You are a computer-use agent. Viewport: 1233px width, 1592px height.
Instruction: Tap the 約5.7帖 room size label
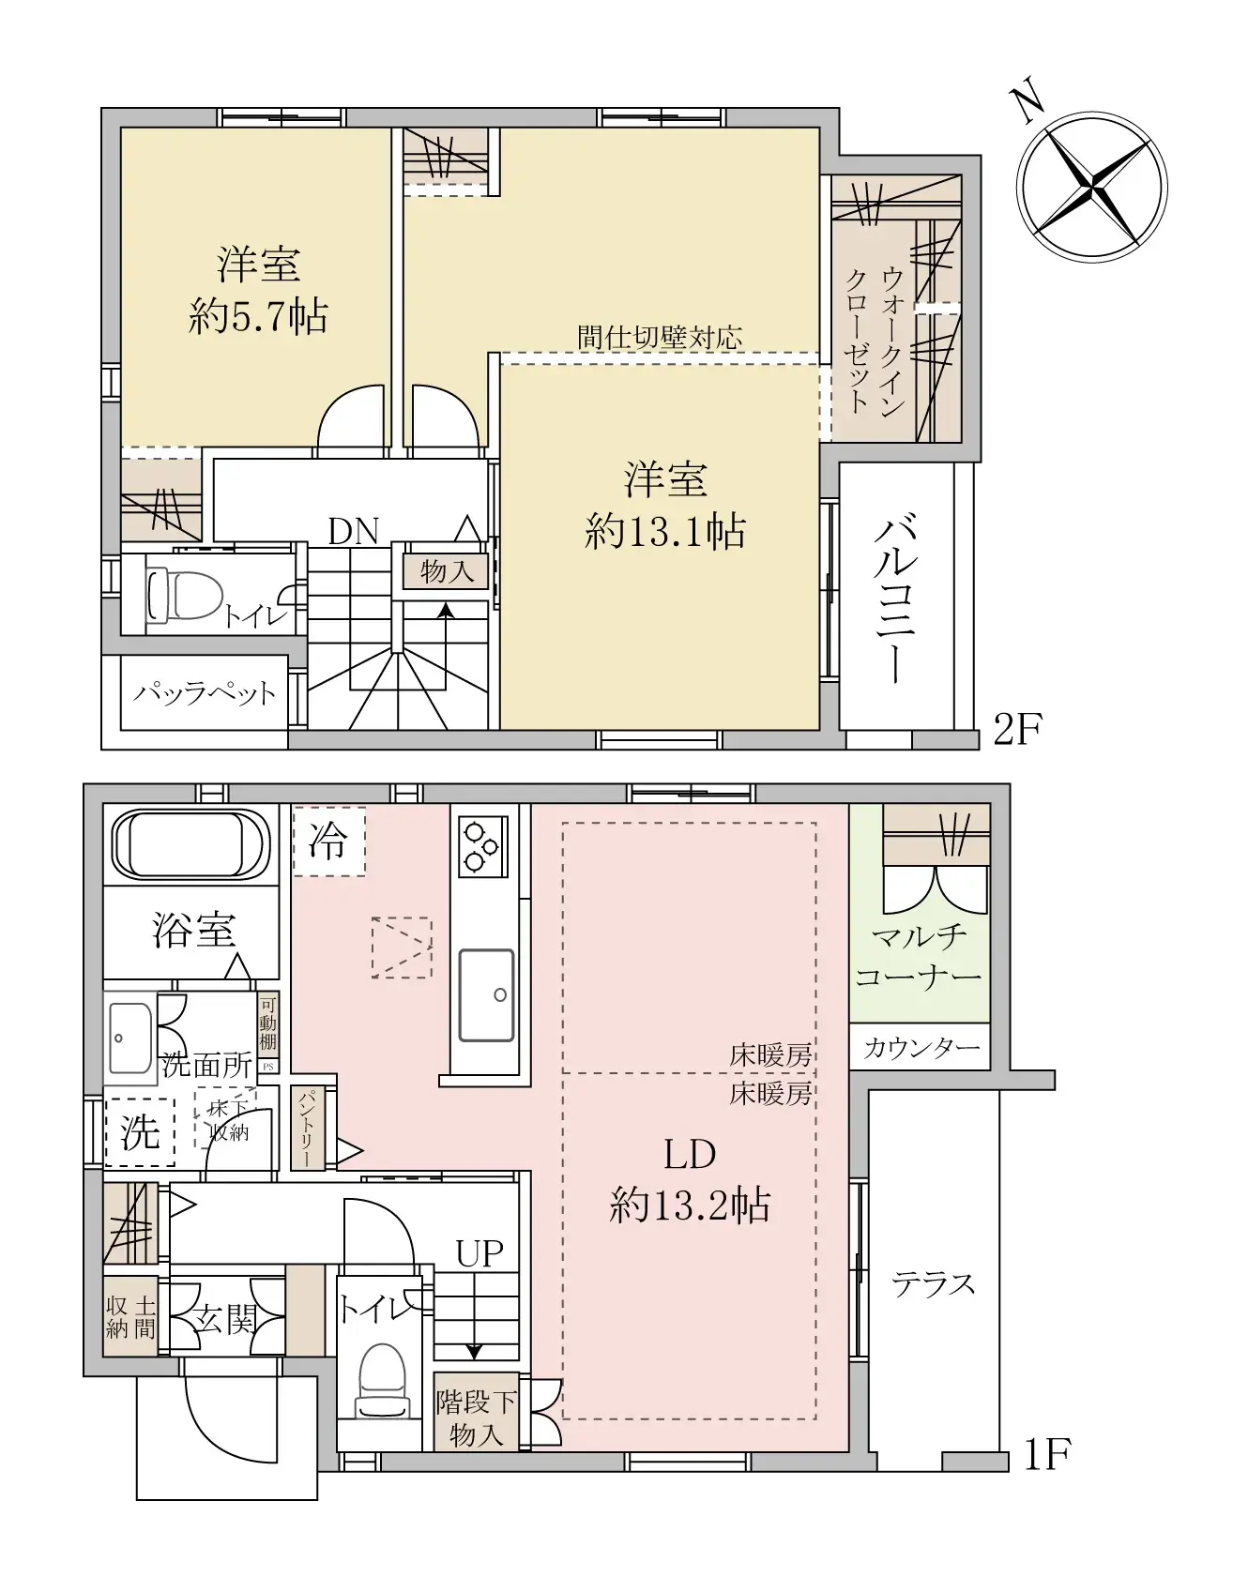click(258, 318)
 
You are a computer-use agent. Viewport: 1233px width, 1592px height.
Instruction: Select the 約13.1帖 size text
click(665, 532)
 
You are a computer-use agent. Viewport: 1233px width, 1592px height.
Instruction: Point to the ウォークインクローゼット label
click(875, 340)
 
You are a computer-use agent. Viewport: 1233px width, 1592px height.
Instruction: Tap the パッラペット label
click(205, 695)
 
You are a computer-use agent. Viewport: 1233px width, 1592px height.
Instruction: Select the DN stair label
click(353, 532)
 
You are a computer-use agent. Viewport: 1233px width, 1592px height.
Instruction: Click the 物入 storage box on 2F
click(447, 570)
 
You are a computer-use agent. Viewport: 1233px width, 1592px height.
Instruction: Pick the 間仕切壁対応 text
click(660, 337)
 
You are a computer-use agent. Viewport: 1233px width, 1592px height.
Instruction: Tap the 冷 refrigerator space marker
click(328, 841)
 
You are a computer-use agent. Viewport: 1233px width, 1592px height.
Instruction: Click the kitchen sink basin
click(486, 995)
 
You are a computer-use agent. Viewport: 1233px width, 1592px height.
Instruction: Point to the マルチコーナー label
click(919, 956)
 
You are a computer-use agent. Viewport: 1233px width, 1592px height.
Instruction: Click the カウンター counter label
click(920, 1048)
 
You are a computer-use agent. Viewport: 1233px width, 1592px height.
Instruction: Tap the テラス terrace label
click(934, 1283)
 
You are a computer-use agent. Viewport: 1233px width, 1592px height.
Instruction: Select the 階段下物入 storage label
click(477, 1418)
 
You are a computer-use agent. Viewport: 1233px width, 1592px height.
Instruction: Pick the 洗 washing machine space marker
click(140, 1132)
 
